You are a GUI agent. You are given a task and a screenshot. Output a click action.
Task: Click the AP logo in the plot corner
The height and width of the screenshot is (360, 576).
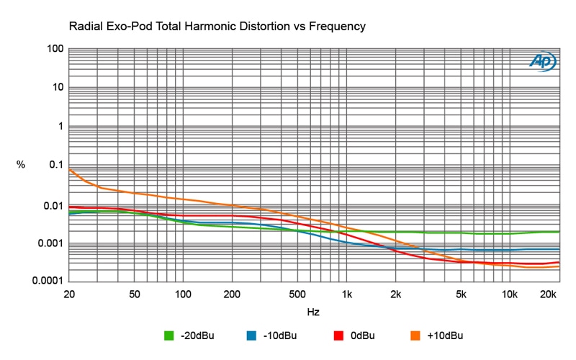pyautogui.click(x=542, y=62)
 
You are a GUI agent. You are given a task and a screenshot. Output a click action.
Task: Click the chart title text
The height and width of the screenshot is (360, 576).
pyautogui.click(x=217, y=27)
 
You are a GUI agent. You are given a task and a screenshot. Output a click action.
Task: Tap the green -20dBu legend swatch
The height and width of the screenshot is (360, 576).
pyautogui.click(x=170, y=335)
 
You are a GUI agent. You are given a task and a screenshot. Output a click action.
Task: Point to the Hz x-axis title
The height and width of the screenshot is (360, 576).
pyautogui.click(x=313, y=312)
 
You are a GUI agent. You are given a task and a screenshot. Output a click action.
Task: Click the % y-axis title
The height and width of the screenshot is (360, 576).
pyautogui.click(x=21, y=165)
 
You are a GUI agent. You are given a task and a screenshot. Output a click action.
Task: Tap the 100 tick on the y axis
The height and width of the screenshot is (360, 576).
pyautogui.click(x=55, y=49)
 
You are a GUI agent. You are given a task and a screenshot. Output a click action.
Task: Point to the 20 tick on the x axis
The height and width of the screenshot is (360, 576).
pyautogui.click(x=69, y=294)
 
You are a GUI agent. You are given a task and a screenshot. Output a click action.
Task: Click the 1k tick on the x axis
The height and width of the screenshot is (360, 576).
pyautogui.click(x=346, y=294)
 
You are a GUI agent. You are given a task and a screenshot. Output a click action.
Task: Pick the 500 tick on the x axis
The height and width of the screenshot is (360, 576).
pyautogui.click(x=297, y=294)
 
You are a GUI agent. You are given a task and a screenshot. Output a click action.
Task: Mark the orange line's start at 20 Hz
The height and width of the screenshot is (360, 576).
pyautogui.click(x=70, y=170)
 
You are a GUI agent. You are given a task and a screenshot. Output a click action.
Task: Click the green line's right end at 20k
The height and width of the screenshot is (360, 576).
pyautogui.click(x=559, y=232)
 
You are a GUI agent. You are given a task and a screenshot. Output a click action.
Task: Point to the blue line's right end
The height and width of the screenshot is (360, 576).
pyautogui.click(x=559, y=249)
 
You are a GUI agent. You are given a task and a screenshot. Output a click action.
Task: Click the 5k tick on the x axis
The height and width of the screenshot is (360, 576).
pyautogui.click(x=461, y=294)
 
